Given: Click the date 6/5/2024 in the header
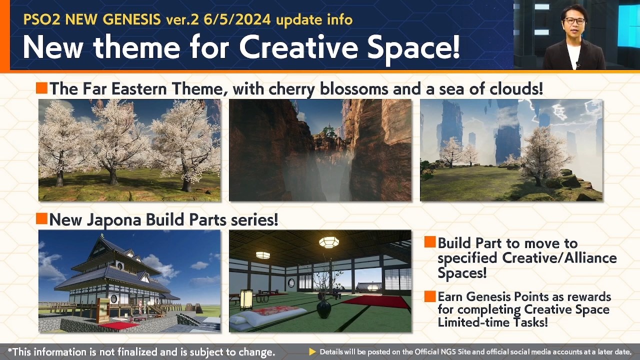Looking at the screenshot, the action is (x=237, y=20).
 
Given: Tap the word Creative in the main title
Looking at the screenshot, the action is (x=298, y=47).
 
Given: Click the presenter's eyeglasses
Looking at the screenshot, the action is (x=574, y=21).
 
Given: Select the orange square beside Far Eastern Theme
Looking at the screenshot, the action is (x=41, y=87).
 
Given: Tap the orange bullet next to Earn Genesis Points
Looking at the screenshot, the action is (x=430, y=296).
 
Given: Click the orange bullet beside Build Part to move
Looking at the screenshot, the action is (x=430, y=242).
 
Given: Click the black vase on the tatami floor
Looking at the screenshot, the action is (x=323, y=308).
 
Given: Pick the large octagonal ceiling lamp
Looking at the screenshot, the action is (x=329, y=242).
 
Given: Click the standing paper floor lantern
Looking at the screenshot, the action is (x=246, y=300).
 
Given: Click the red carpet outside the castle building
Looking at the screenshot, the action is (x=119, y=325).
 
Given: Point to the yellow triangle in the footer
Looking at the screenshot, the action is (x=312, y=351).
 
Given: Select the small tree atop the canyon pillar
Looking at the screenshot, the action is (x=327, y=130).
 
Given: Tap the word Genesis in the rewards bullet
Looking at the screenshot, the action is (x=493, y=297).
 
